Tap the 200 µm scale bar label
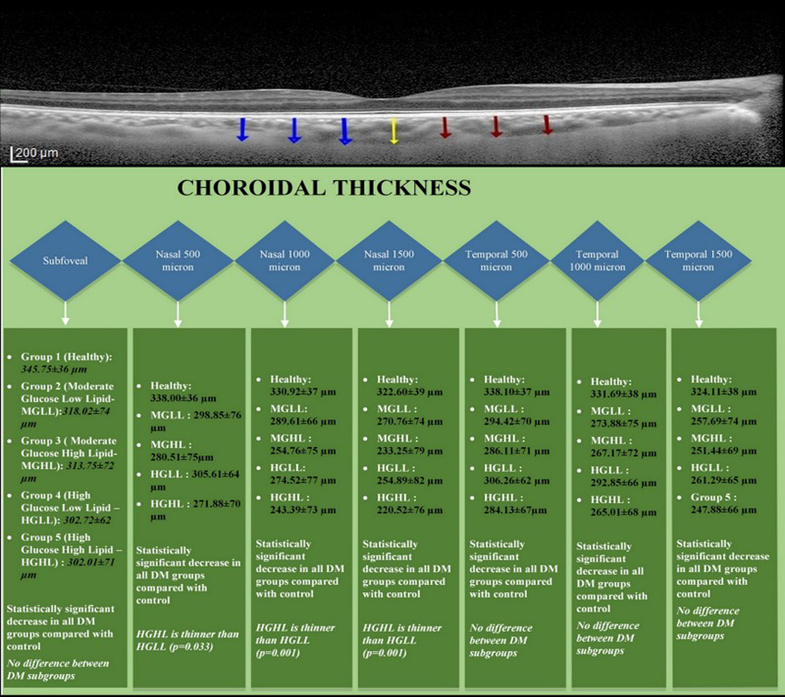tap(37, 153)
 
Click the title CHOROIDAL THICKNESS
tap(324, 188)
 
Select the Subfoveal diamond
tap(65, 261)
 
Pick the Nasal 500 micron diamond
tap(177, 261)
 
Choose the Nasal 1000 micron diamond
tap(284, 261)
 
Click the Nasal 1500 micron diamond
tap(389, 261)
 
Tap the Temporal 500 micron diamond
tap(496, 261)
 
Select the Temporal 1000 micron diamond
tap(597, 261)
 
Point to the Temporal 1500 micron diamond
tap(698, 261)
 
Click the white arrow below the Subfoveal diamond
tap(65, 314)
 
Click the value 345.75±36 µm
tap(54, 369)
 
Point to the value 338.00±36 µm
tap(183, 398)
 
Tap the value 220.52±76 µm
tap(410, 510)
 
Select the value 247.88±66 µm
tap(724, 510)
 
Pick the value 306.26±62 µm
tap(516, 480)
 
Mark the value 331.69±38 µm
tap(623, 394)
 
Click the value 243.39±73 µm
tap(303, 510)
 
